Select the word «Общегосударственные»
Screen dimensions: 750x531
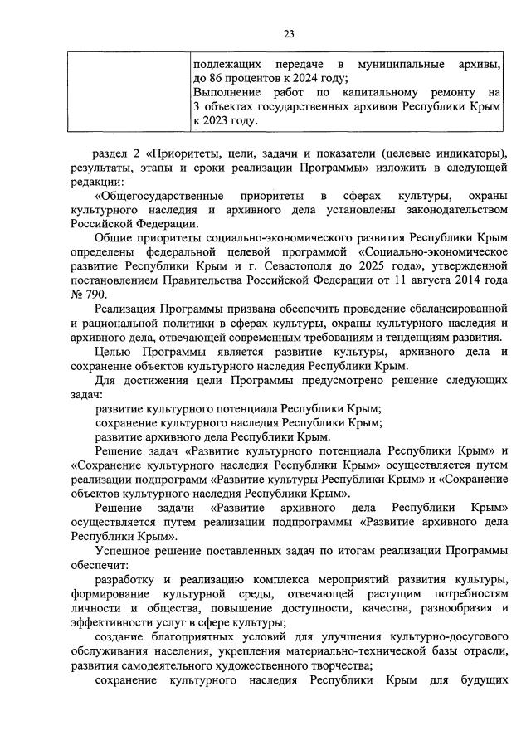tap(163, 196)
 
